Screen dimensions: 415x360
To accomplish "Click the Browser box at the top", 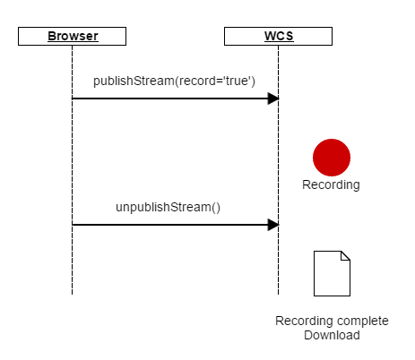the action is click(72, 37).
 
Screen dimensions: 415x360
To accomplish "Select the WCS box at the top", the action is click(278, 37).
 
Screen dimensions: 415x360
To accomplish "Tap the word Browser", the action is click(73, 36).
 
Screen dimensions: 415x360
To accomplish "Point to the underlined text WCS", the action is click(279, 36).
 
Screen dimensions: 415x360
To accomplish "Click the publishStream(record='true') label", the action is click(174, 81).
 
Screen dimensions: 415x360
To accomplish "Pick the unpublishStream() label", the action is click(168, 207).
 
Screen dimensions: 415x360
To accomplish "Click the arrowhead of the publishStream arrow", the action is click(273, 99).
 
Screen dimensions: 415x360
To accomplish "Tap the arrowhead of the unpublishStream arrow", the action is click(273, 225).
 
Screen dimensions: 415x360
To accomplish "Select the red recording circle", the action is click(332, 158).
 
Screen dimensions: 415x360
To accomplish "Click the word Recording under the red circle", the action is click(331, 184).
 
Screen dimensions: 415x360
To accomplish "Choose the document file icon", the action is click(332, 273).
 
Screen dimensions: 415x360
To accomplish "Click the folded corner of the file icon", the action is click(345, 255).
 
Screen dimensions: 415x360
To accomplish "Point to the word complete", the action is click(359, 321).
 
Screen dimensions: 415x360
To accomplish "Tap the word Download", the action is click(332, 335).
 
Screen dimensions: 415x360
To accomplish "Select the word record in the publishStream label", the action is click(196, 81).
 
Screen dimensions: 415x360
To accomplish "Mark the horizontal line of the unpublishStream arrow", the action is click(170, 225).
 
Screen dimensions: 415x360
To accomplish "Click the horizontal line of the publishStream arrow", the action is click(170, 99).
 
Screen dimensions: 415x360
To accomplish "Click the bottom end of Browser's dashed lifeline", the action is click(72, 295).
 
